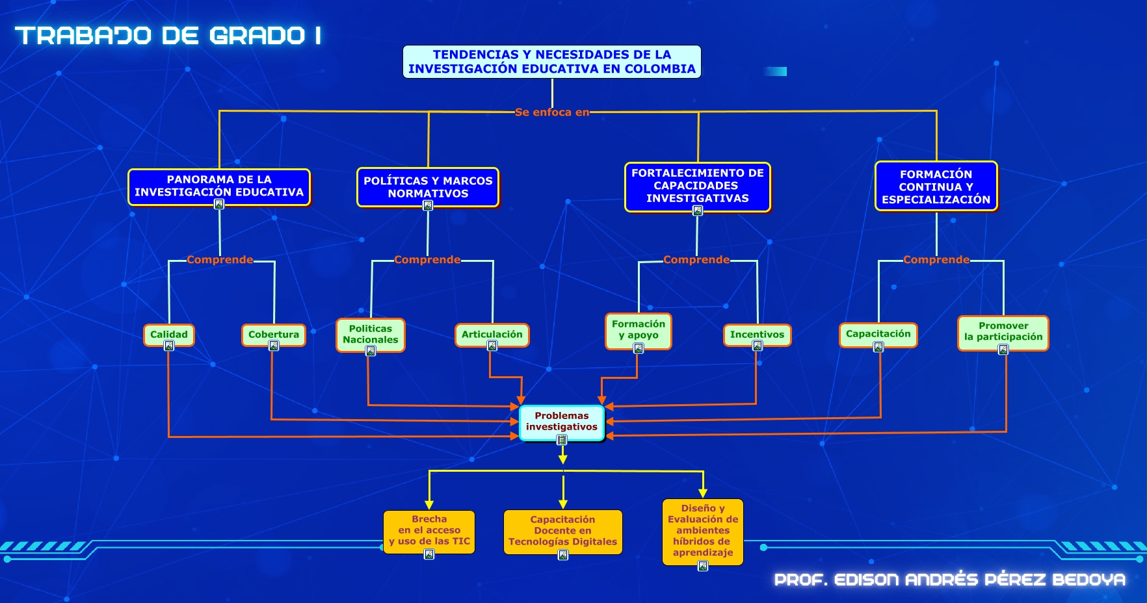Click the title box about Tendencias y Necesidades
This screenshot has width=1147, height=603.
[551, 62]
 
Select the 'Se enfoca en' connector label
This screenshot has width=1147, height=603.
[551, 112]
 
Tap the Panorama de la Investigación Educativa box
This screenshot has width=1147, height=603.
[219, 186]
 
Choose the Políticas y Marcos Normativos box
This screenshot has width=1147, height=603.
[428, 187]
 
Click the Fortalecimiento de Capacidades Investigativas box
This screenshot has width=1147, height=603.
[697, 186]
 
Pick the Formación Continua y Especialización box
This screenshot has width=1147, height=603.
[936, 186]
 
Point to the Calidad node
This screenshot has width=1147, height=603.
[169, 335]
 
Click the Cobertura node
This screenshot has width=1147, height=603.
[274, 335]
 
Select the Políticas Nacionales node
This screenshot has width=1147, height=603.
[371, 334]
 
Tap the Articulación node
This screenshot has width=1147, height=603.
[492, 335]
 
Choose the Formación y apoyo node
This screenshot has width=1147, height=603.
[639, 330]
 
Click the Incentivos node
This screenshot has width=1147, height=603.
[757, 335]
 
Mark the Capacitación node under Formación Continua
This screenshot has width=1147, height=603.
[878, 334]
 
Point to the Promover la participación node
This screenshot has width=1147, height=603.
[1003, 331]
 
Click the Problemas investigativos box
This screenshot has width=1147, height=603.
[562, 422]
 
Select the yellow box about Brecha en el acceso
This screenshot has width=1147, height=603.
[429, 531]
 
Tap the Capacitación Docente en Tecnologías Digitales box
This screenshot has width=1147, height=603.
[563, 531]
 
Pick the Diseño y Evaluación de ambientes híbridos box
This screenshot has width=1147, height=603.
[703, 531]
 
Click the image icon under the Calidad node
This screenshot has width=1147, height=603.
[169, 346]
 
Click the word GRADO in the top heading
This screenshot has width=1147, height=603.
[257, 36]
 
